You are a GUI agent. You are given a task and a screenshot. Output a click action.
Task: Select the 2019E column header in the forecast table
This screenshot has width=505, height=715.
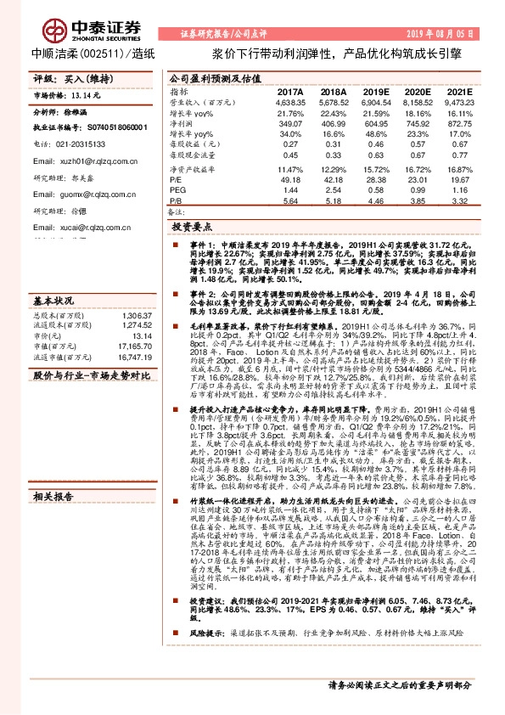pyautogui.click(x=377, y=91)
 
